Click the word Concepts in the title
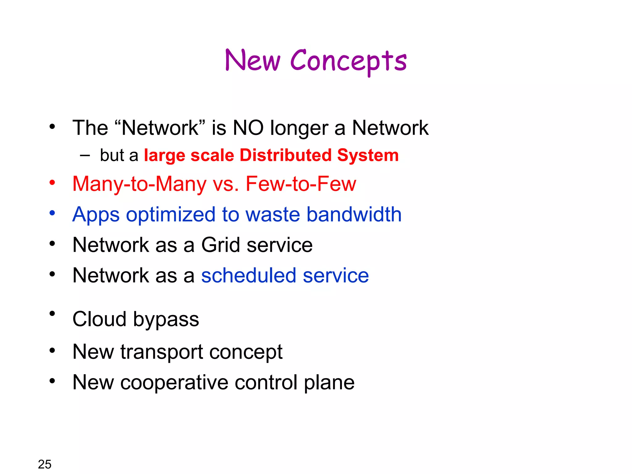coord(348,61)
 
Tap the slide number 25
coord(44,464)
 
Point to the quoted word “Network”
coord(160,128)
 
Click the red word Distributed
coord(285,155)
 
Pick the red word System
coord(368,155)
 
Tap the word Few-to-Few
coord(301,184)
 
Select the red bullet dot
coord(52,182)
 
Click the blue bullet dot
coord(52,213)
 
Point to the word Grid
coord(221,245)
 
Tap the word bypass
coord(166,320)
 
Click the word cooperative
coord(174,383)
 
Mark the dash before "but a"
coord(85,156)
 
